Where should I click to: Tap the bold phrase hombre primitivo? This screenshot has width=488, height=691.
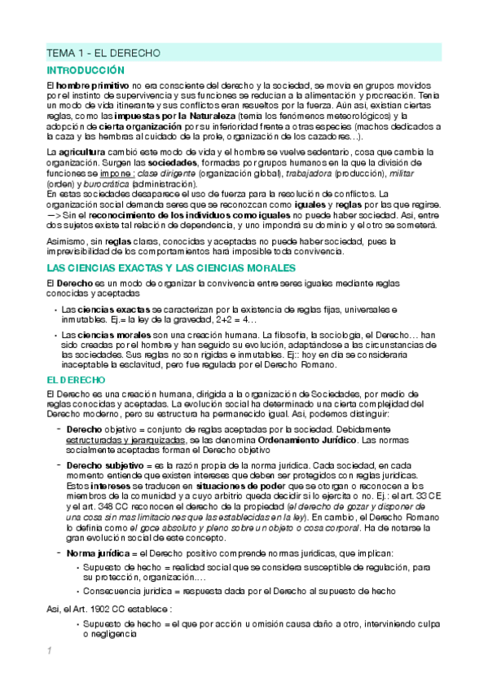click(90, 86)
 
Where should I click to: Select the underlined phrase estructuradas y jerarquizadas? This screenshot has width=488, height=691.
click(125, 440)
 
